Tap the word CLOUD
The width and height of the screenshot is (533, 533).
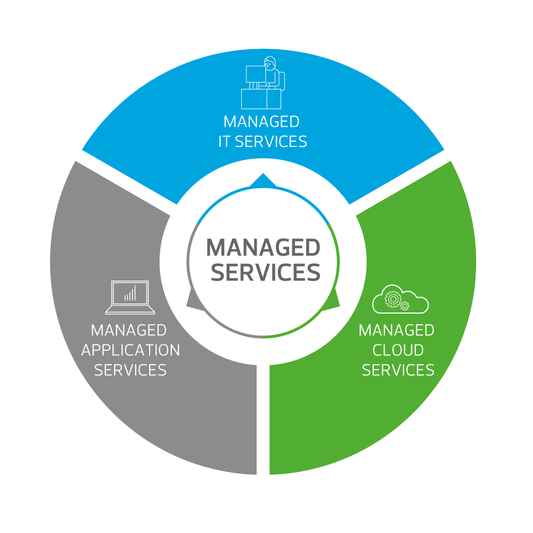(x=398, y=350)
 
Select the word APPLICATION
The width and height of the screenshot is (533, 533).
(x=130, y=350)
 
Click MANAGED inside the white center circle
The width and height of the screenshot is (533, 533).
(x=263, y=248)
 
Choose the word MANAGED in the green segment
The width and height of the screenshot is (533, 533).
(x=396, y=331)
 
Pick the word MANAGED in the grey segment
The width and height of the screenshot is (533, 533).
(x=128, y=331)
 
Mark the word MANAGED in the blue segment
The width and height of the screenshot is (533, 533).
(x=261, y=122)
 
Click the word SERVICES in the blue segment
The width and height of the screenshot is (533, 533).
(x=271, y=142)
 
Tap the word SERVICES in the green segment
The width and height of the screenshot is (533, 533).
(x=398, y=370)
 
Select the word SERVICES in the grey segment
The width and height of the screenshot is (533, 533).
(x=130, y=370)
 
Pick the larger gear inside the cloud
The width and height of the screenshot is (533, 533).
(x=392, y=299)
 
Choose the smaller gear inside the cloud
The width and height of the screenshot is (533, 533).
(x=405, y=306)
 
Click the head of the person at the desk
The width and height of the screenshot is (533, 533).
(x=270, y=63)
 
